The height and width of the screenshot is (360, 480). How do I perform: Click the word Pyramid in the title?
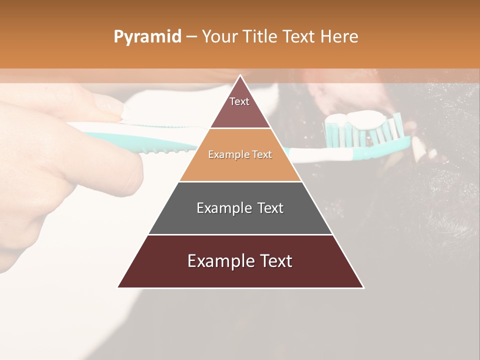click(147, 37)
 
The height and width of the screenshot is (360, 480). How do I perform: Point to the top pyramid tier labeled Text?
click(239, 107)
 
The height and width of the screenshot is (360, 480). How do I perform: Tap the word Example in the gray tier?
click(220, 208)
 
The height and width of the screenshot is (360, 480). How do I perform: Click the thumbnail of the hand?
click(110, 105)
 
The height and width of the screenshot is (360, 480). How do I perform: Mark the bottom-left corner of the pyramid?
click(118, 287)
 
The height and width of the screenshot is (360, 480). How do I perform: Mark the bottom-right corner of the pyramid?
click(363, 287)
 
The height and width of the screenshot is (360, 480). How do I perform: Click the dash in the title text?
click(191, 37)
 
